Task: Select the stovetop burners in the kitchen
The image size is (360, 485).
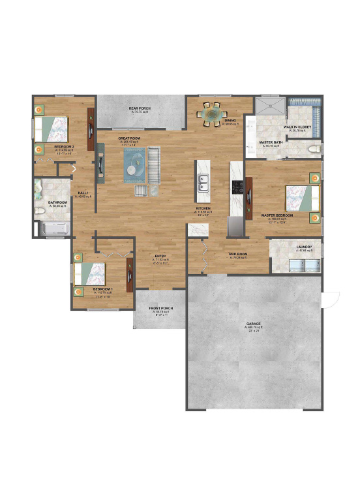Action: (x=237, y=187)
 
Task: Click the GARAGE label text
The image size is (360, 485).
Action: (x=254, y=324)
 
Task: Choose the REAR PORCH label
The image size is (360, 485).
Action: (x=140, y=108)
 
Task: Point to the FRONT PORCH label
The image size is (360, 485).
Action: (x=160, y=308)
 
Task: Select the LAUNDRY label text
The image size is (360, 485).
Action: (x=304, y=247)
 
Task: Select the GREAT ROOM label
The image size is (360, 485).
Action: (x=130, y=138)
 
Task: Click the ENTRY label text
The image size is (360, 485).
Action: (x=160, y=256)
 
